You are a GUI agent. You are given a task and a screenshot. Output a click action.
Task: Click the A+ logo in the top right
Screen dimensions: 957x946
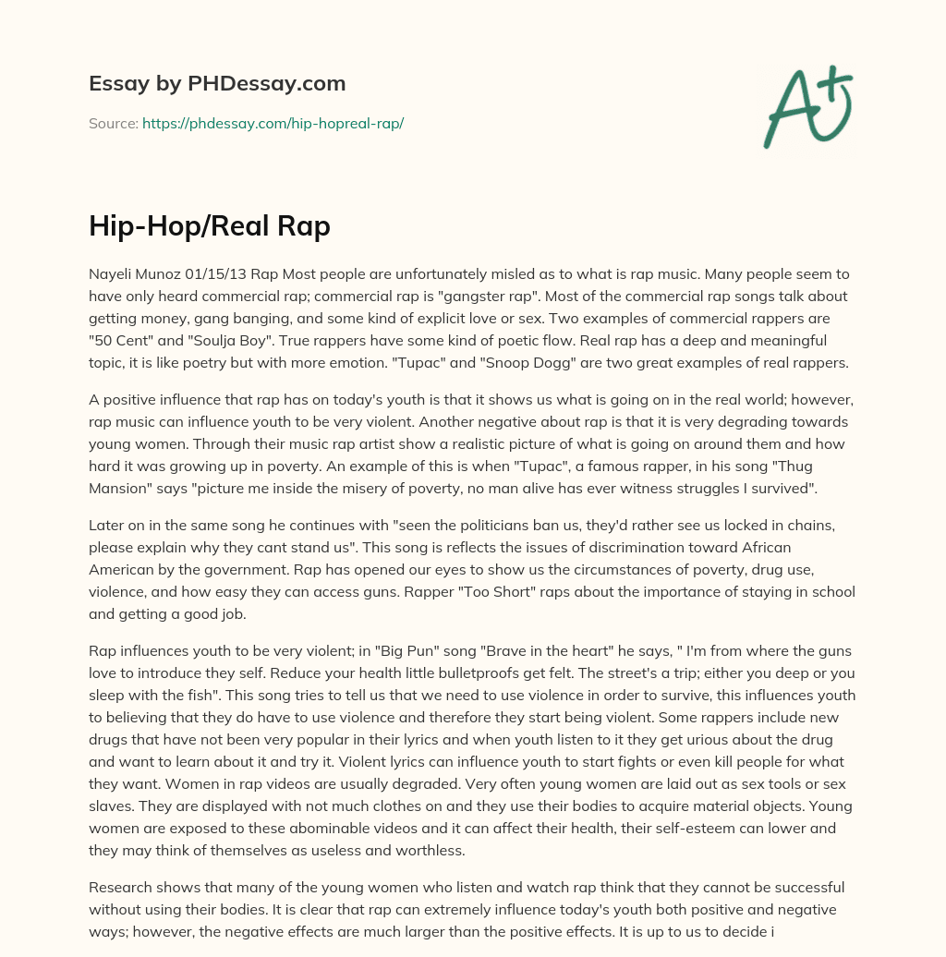point(807,106)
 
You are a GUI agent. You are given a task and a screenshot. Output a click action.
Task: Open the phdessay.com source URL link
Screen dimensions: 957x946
point(273,123)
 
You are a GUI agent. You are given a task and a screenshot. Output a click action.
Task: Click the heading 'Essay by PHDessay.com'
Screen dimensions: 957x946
point(217,83)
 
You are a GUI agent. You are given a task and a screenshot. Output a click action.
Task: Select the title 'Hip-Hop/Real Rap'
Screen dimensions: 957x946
point(209,225)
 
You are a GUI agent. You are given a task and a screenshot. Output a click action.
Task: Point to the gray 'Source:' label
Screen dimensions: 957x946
point(113,123)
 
